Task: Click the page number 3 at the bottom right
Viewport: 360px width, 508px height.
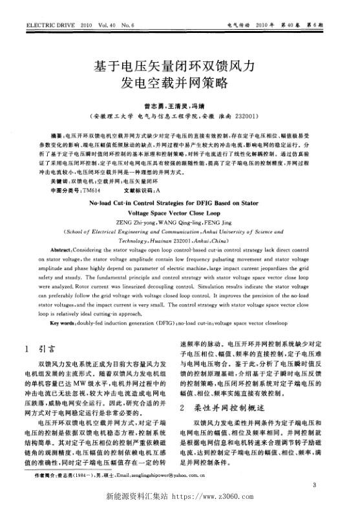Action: pos(313,485)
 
